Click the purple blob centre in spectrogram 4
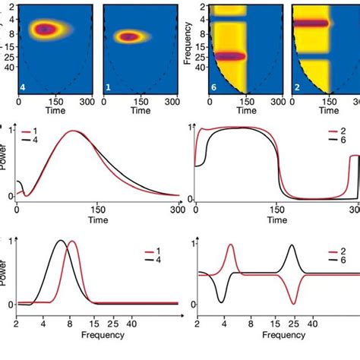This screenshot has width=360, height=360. (47, 30)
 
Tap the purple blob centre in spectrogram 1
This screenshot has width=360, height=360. (129, 36)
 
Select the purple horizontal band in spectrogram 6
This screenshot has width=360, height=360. (229, 56)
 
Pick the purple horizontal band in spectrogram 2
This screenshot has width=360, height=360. (311, 24)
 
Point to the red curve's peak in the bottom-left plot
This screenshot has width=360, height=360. (72, 263)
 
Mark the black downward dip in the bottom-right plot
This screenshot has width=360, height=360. (220, 302)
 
